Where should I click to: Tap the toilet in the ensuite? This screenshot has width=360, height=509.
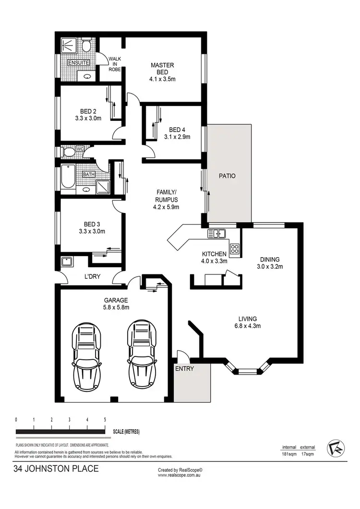pyautogui.click(x=86, y=46)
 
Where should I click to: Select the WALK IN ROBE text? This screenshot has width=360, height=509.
pyautogui.click(x=114, y=63)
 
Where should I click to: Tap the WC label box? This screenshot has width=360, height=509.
pyautogui.click(x=80, y=149)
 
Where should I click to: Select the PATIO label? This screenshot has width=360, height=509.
pyautogui.click(x=227, y=176)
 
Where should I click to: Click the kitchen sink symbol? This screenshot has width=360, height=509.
pyautogui.click(x=217, y=234)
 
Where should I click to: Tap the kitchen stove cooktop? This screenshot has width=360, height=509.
pyautogui.click(x=235, y=249)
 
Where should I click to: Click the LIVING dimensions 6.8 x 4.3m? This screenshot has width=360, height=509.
pyautogui.click(x=248, y=327)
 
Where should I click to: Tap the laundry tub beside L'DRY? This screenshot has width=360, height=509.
pyautogui.click(x=67, y=262)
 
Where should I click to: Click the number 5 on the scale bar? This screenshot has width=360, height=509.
pyautogui.click(x=105, y=419)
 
